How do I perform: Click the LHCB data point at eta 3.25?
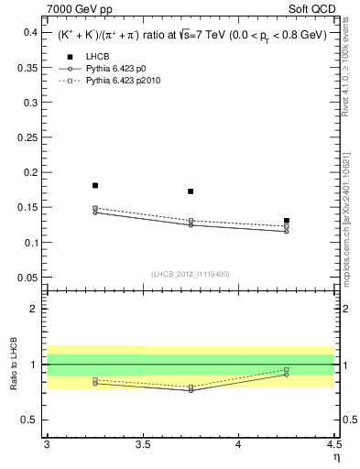pyautogui.click(x=95, y=185)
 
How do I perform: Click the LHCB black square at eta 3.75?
pyautogui.click(x=191, y=191)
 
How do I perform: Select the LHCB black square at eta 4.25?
pyautogui.click(x=287, y=221)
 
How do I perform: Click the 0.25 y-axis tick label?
pyautogui.click(x=27, y=137)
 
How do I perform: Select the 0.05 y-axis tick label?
pyautogui.click(x=27, y=278)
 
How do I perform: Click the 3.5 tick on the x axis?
pyautogui.click(x=142, y=445)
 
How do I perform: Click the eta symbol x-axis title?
pyautogui.click(x=335, y=456)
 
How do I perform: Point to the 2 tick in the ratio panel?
pyautogui.click(x=36, y=309)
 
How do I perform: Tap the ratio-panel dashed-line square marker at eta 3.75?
pyautogui.click(x=191, y=387)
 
